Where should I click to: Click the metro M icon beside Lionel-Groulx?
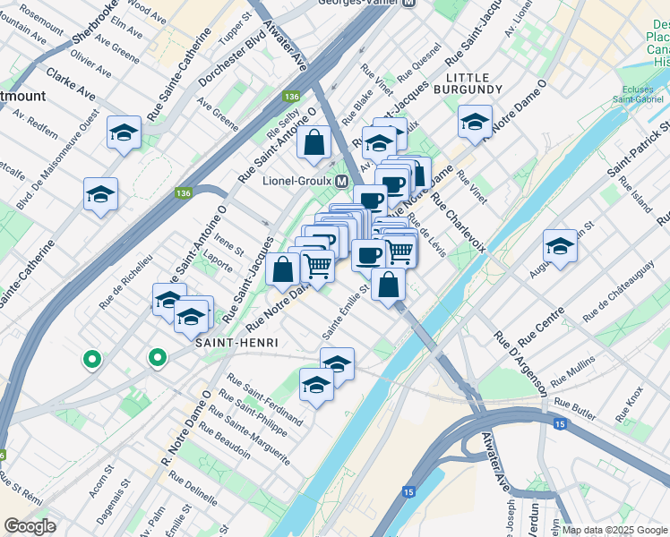click(x=341, y=181)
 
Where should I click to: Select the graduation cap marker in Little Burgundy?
click(x=475, y=121)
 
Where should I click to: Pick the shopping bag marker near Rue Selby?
click(x=314, y=142)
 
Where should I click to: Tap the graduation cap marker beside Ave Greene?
click(x=125, y=133)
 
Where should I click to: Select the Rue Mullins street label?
click(x=574, y=371)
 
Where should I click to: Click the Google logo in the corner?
click(x=30, y=526)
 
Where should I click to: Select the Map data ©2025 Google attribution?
click(x=614, y=530)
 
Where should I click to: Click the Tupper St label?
click(x=234, y=29)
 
